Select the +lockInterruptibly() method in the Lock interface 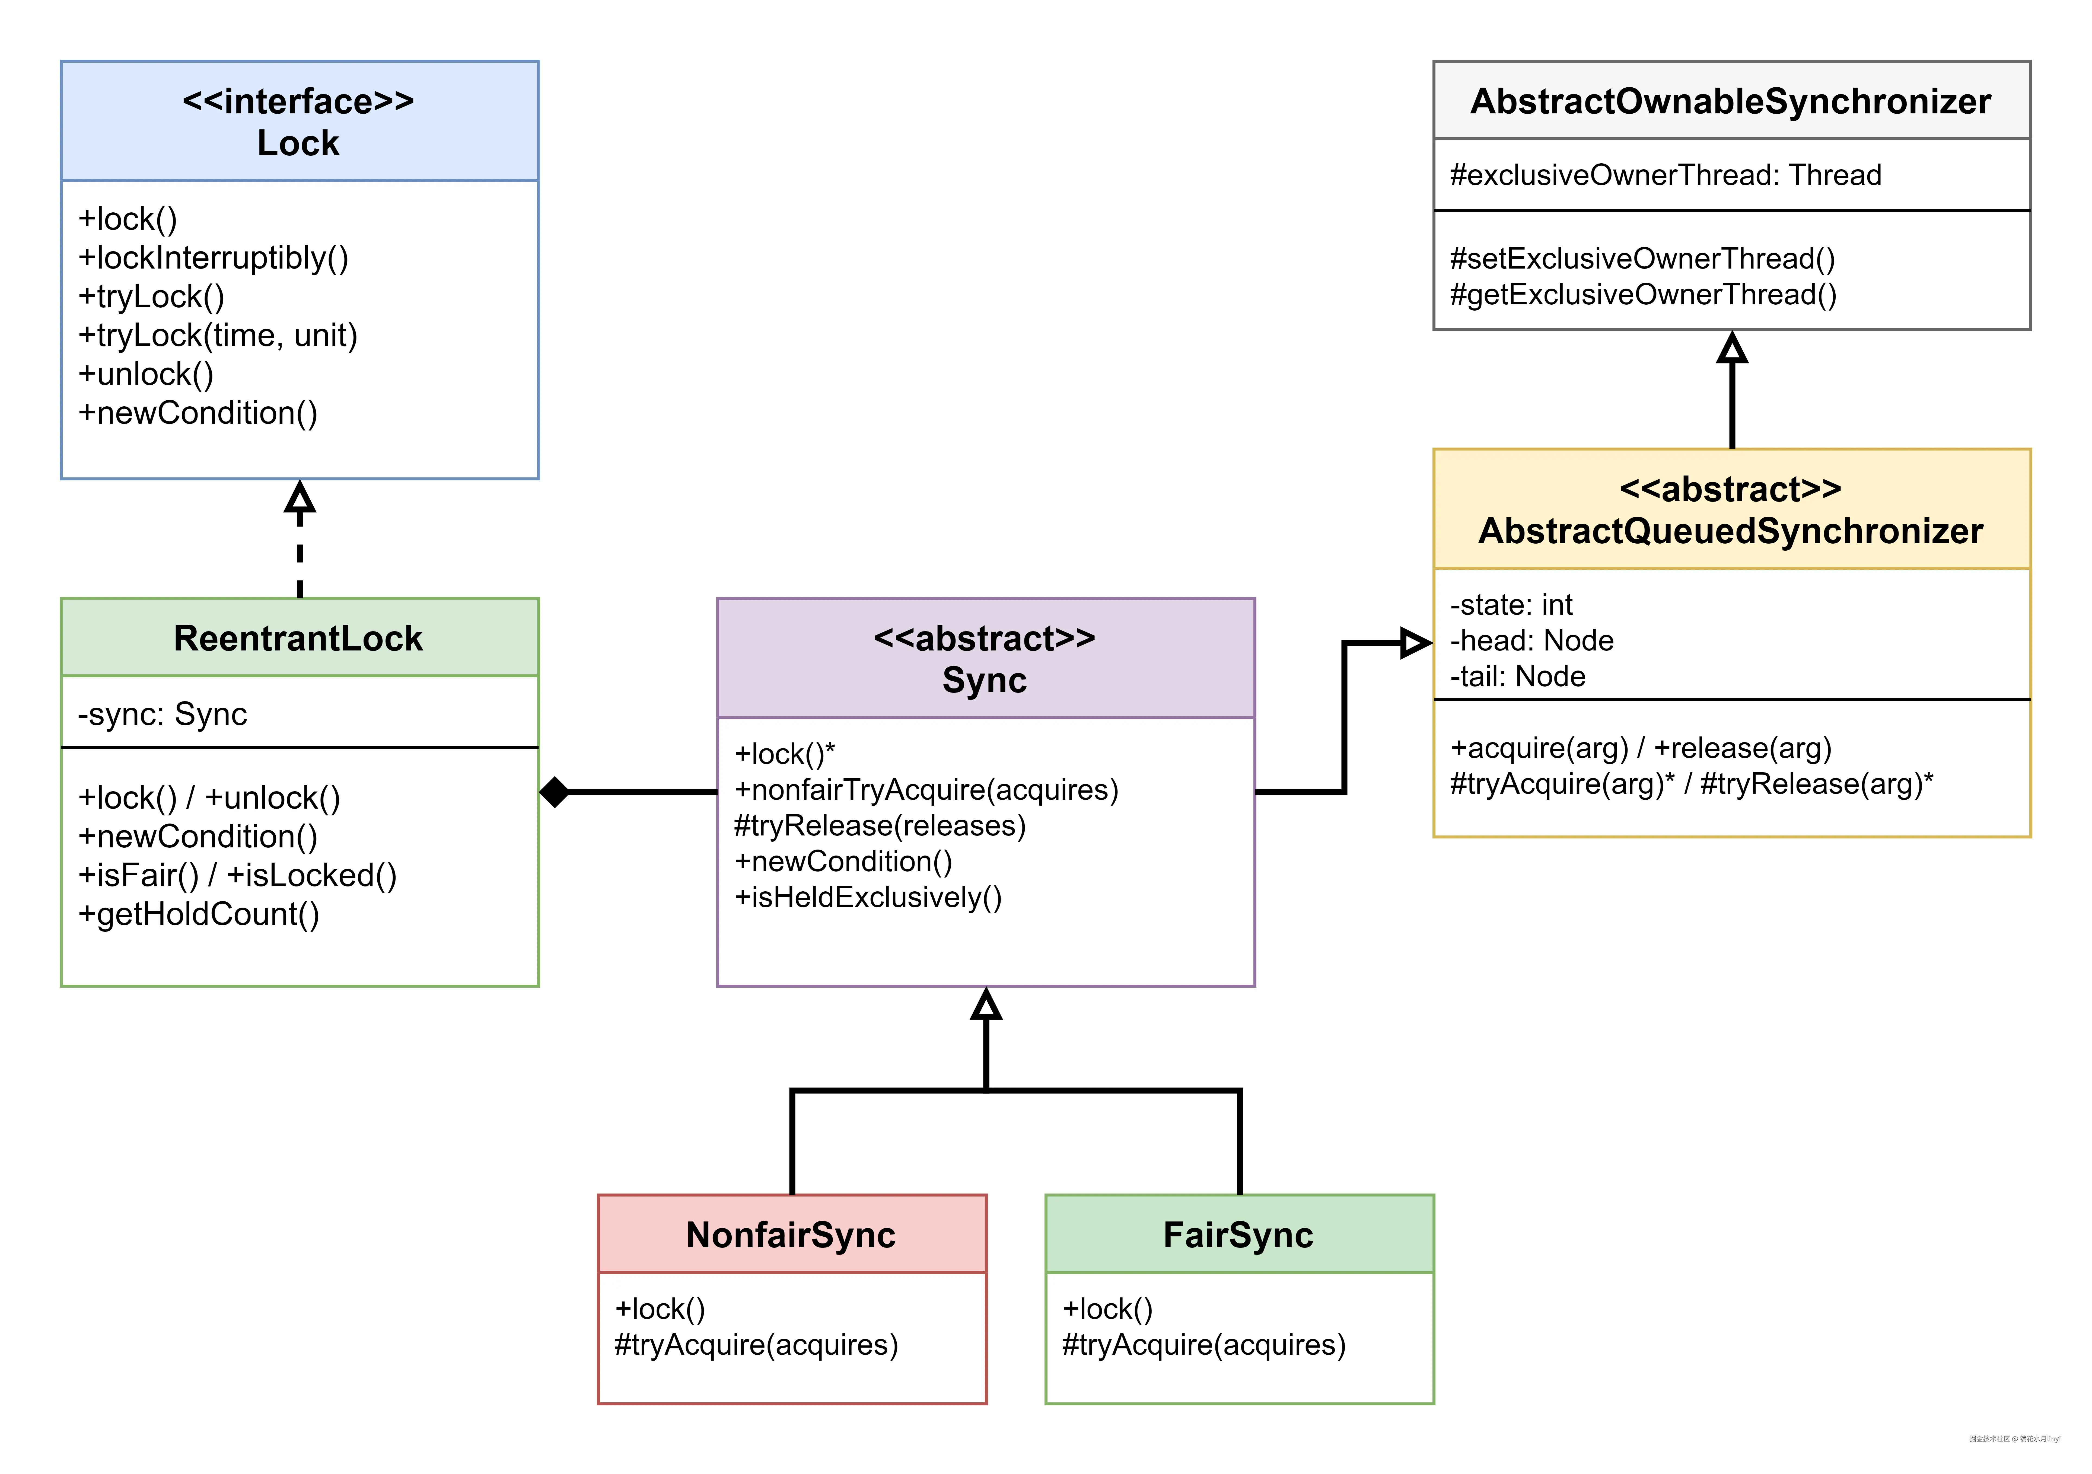[213, 258]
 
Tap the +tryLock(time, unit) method [218, 335]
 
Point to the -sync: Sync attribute [162, 714]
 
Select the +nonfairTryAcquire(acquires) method [926, 790]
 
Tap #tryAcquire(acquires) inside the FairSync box [1204, 1345]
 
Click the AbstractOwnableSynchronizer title [1730, 101]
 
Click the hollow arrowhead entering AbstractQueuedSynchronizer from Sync [1415, 643]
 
